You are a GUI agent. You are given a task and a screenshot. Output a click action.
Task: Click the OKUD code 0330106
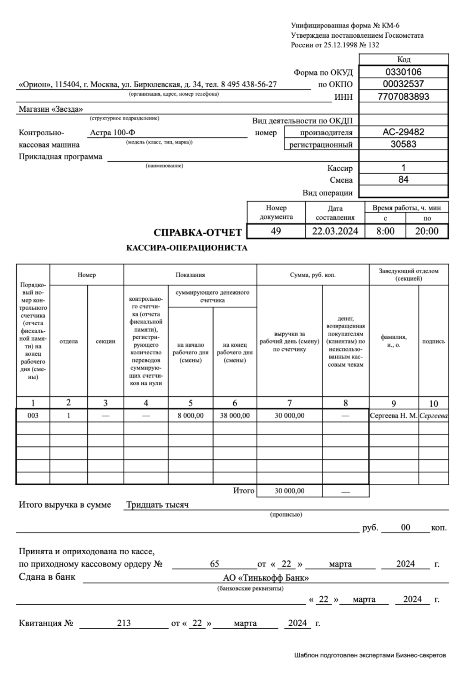pos(403,72)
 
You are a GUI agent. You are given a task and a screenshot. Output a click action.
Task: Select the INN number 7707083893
pos(403,97)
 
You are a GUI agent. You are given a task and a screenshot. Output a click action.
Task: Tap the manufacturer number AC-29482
pos(403,132)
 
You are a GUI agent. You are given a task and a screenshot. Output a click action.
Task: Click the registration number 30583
pos(403,144)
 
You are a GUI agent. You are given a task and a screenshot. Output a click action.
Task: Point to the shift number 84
pos(403,180)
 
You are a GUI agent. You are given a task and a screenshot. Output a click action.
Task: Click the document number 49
pos(276,231)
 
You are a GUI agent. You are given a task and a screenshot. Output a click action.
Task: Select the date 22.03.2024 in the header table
pos(335,231)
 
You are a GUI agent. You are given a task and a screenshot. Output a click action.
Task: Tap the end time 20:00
pos(426,231)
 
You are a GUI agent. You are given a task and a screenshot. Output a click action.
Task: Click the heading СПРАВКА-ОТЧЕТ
pos(198,232)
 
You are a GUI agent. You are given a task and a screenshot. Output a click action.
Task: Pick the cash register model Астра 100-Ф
pos(113,132)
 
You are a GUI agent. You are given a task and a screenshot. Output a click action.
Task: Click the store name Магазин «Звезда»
pos(51,109)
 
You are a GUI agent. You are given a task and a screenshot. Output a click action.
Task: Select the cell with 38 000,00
pos(235,415)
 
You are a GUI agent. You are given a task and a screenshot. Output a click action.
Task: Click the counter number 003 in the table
pos(33,415)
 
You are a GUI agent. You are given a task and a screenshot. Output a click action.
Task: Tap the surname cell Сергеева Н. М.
pos(393,415)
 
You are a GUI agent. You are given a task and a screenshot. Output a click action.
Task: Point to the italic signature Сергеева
pos(433,415)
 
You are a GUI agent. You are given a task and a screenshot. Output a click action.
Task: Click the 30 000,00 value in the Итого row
pos(289,491)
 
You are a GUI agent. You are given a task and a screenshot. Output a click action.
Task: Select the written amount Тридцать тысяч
pos(157,505)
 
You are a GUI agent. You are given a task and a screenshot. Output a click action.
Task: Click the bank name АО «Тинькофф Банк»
pos(266,578)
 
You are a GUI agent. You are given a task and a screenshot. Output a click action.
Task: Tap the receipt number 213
pos(124,623)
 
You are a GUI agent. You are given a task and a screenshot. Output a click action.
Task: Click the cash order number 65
pos(214,564)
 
